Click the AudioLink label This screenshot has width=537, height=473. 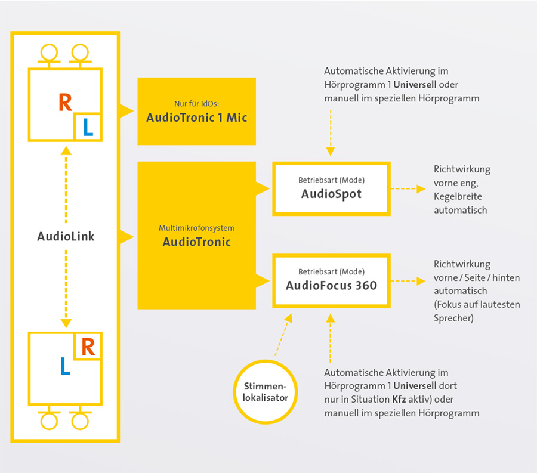pos(66,236)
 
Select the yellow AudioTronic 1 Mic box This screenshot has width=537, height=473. pos(196,111)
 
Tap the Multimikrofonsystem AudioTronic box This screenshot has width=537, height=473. pos(196,236)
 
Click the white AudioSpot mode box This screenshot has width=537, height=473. pos(332,188)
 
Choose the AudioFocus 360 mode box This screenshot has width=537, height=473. pos(332,281)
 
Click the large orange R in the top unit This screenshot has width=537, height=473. pos(66,103)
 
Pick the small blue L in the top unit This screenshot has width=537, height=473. pos(88,128)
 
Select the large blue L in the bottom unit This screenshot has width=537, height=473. pos(65,366)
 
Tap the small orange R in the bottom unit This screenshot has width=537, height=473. pos(88,347)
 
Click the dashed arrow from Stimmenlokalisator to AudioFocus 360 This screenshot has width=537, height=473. pos(283,335)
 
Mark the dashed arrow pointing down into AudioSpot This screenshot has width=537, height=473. pos(331,133)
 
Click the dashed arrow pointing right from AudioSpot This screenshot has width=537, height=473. pos(408,188)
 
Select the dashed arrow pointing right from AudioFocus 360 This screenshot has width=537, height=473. pos(408,281)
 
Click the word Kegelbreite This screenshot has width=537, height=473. pos(458,196)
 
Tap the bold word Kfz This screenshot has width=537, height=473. pos(399,400)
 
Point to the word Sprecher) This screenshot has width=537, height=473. pos(454,319)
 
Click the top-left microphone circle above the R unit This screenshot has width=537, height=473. pos(50,52)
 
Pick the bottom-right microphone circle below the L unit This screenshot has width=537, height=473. pos(80,421)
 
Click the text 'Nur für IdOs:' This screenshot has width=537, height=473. pos(196,103)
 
